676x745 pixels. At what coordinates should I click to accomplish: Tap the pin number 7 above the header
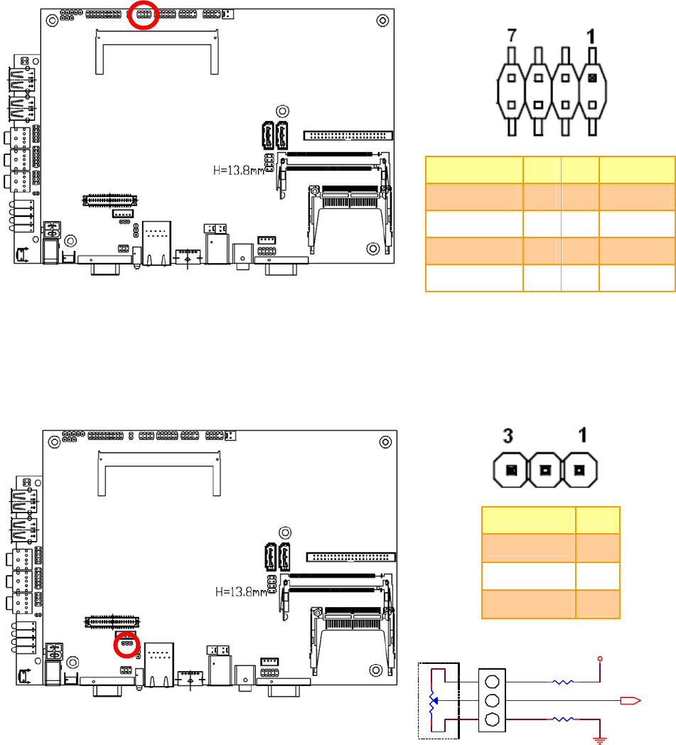click(x=511, y=36)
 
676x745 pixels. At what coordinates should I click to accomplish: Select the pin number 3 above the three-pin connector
click(x=508, y=436)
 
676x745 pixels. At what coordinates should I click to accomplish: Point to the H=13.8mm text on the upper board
click(x=238, y=170)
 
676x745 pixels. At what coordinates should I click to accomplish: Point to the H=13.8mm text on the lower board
click(x=241, y=592)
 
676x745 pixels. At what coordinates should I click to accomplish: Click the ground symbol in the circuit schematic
click(x=600, y=739)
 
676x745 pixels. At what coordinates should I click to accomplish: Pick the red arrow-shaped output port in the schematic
click(x=631, y=700)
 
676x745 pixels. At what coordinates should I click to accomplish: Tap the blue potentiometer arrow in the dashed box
click(x=434, y=700)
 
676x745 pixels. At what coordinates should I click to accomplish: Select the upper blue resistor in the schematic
click(x=563, y=682)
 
